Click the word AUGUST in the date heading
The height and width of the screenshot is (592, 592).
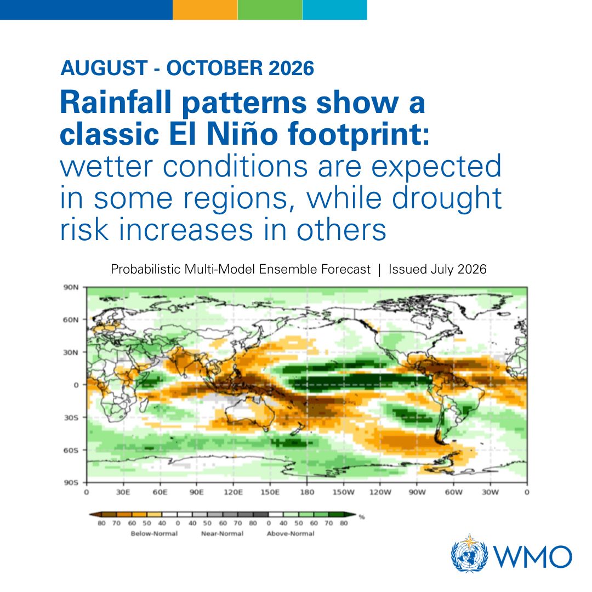pos(104,68)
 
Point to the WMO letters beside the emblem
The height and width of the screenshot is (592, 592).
pos(532,556)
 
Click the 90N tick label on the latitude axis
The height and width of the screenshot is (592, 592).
pos(71,287)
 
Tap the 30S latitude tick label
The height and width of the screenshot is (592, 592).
pos(71,418)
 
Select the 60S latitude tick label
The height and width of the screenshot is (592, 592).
pos(71,450)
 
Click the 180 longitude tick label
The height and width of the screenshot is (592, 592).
pos(307,492)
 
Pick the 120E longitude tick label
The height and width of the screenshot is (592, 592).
pos(234,492)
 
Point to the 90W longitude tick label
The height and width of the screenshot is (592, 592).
pos(417,492)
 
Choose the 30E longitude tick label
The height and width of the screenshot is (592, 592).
pos(123,492)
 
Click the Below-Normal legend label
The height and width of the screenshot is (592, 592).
pos(154,533)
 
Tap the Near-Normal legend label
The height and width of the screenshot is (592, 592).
pos(222,533)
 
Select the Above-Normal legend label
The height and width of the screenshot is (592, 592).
pos(291,533)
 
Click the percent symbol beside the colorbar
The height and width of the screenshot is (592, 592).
pos(362,517)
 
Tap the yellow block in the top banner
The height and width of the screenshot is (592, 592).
pos(205,10)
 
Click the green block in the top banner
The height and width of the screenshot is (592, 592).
pos(270,10)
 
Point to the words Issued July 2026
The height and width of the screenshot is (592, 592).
pos(437,269)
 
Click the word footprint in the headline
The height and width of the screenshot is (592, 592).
pos(358,134)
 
